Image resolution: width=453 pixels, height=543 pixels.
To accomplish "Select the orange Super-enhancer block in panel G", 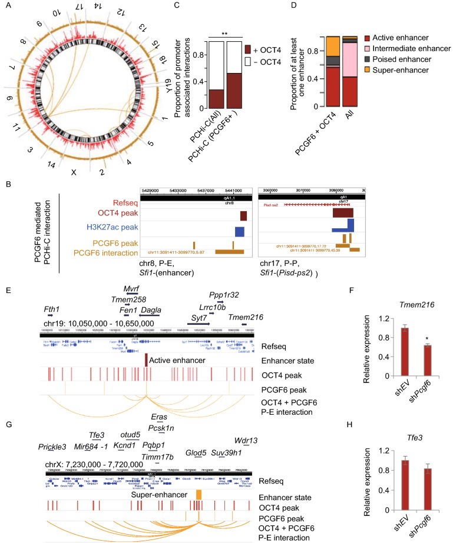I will click(x=199, y=495).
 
